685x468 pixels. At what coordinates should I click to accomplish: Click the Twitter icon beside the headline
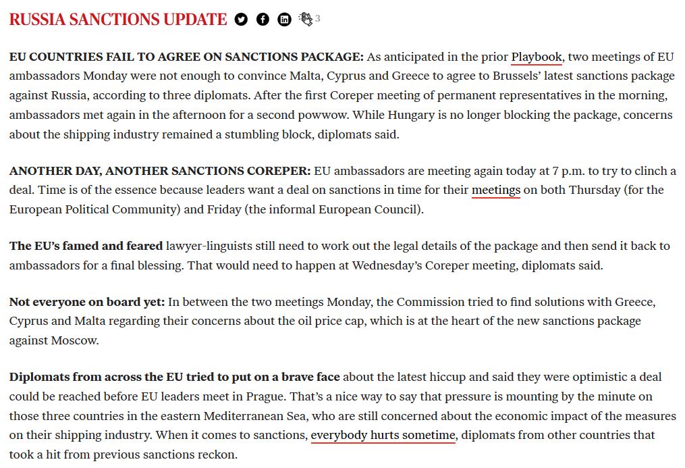point(241,19)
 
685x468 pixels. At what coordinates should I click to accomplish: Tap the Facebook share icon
point(263,19)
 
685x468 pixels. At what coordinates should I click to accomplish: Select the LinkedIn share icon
point(285,19)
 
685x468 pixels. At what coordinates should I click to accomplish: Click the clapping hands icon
point(306,19)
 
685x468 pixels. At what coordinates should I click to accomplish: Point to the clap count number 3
point(318,19)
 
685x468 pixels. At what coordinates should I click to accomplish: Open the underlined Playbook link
point(537,57)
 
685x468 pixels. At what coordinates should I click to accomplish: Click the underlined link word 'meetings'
point(495,190)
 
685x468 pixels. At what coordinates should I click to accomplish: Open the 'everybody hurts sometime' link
point(383,436)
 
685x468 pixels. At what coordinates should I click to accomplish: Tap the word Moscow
point(74,340)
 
